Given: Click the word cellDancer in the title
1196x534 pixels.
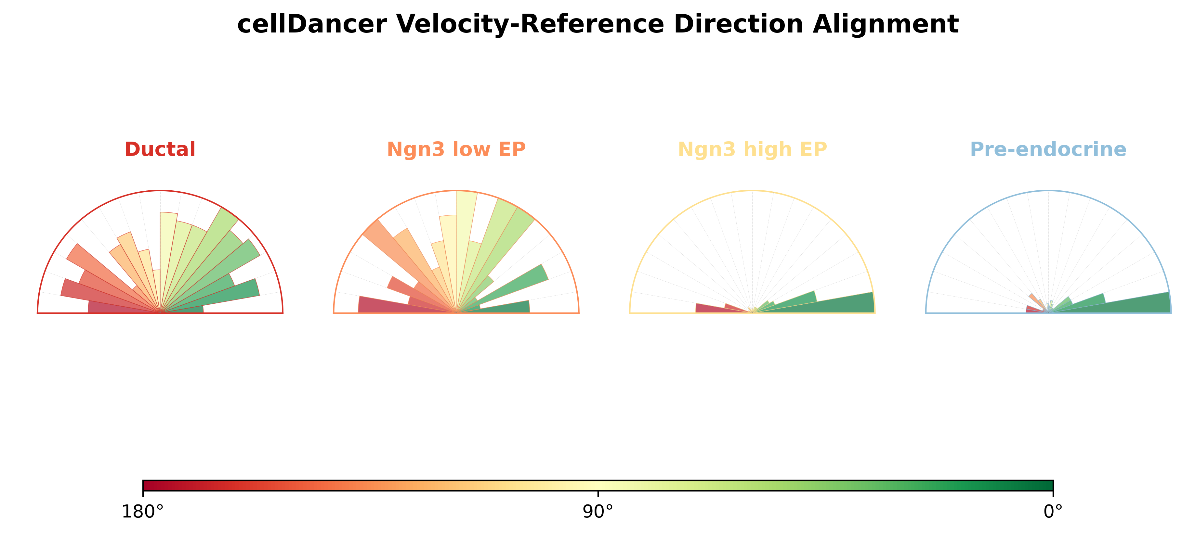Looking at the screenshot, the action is tap(311, 24).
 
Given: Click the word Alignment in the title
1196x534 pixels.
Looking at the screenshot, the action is tap(886, 24).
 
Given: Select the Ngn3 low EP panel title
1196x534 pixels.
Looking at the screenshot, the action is tap(456, 149).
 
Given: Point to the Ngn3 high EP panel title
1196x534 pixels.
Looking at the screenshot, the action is tap(752, 149).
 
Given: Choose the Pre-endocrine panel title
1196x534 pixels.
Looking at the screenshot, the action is tap(1048, 149).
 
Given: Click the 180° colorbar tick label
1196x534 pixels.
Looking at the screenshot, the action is tap(142, 512).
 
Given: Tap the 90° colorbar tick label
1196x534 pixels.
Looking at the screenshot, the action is tap(598, 512).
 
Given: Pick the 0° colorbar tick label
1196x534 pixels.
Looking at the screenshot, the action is tap(1053, 512).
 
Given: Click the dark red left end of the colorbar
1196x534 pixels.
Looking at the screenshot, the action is tap(145, 486).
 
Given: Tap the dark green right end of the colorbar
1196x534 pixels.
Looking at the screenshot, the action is tap(1051, 486).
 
